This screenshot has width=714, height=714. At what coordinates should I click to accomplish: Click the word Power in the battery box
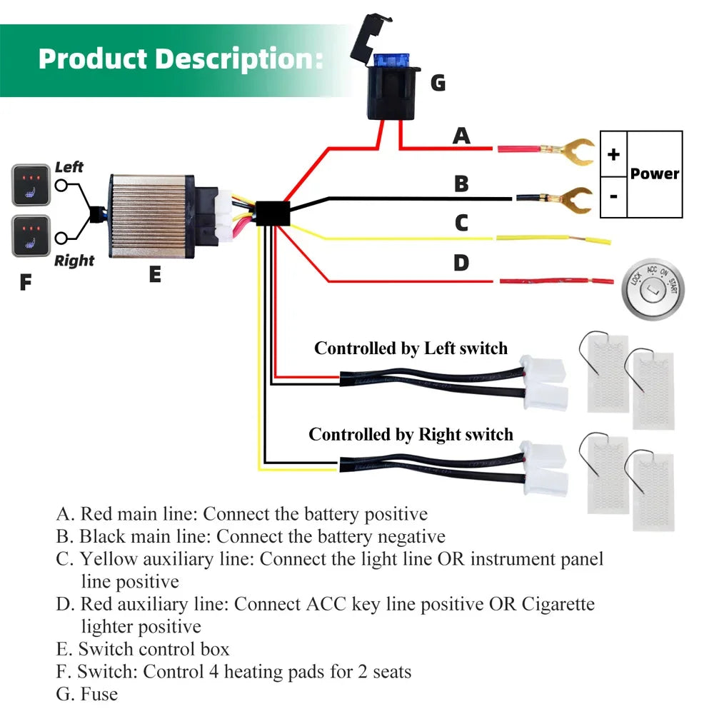pyautogui.click(x=655, y=174)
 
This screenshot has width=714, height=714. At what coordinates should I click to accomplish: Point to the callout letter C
pyautogui.click(x=461, y=223)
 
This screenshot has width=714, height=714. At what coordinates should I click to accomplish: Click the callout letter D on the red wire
pyautogui.click(x=461, y=263)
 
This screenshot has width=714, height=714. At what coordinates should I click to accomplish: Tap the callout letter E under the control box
pyautogui.click(x=155, y=273)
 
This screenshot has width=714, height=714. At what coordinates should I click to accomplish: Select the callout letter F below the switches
pyautogui.click(x=26, y=283)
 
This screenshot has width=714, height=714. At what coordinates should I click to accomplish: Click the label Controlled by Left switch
pyautogui.click(x=411, y=348)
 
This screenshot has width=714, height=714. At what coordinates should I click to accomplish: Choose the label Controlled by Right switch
pyautogui.click(x=411, y=434)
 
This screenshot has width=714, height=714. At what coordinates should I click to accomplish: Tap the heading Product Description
pyautogui.click(x=180, y=58)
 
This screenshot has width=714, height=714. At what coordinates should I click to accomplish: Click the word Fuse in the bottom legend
pyautogui.click(x=99, y=693)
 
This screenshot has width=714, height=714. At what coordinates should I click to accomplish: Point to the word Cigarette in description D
pyautogui.click(x=558, y=604)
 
